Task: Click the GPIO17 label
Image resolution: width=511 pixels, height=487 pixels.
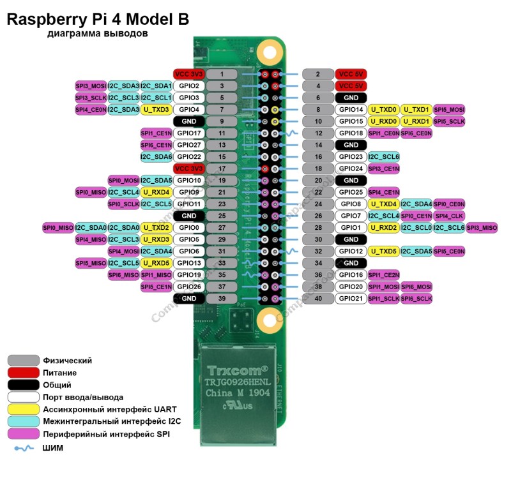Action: tap(189, 133)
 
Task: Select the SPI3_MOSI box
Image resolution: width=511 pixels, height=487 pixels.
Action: tap(91, 86)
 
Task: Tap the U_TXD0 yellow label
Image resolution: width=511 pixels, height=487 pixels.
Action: tap(383, 109)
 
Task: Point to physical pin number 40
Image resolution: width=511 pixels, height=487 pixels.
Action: tap(317, 298)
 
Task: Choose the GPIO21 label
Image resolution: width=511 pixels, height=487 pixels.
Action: tap(351, 298)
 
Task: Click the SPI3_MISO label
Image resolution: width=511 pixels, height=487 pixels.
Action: tap(482, 227)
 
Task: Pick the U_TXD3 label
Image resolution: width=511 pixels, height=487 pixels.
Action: tap(156, 110)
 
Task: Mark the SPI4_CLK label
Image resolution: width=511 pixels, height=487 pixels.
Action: tap(449, 216)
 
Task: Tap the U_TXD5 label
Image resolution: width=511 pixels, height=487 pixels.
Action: tap(383, 251)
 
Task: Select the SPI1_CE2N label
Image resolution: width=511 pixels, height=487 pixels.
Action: tap(383, 274)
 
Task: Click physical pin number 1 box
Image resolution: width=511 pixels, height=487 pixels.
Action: tap(222, 74)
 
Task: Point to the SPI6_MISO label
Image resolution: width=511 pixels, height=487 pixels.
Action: tap(123, 274)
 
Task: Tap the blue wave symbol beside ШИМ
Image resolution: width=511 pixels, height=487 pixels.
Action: tap(23, 448)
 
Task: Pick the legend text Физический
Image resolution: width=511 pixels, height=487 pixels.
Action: tap(67, 361)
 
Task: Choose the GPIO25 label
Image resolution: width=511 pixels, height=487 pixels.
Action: tap(351, 192)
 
